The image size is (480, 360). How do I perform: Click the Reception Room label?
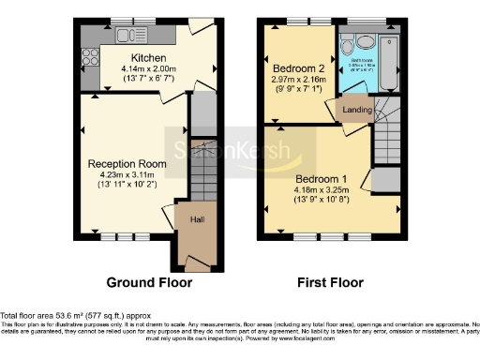127,164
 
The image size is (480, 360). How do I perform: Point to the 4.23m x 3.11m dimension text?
128,175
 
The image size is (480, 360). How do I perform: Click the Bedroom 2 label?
300,68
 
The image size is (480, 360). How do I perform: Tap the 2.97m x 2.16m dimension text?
300,81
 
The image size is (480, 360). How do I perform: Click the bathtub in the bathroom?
393,58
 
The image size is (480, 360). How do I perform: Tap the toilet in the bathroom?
348,45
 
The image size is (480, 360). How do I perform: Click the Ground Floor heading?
149,281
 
